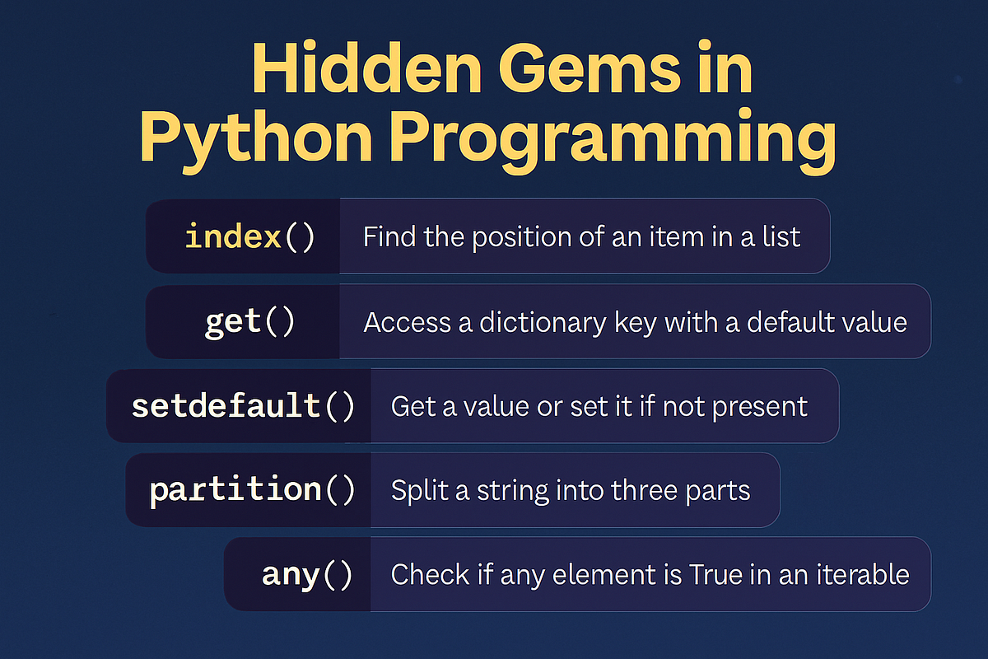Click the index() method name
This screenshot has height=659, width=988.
[x=249, y=237]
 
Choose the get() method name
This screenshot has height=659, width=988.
[x=249, y=321]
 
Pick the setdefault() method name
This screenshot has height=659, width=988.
[x=243, y=406]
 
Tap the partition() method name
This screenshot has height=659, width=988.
[x=252, y=490]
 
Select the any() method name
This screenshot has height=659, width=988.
[x=306, y=574]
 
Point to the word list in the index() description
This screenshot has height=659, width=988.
[x=781, y=237]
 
